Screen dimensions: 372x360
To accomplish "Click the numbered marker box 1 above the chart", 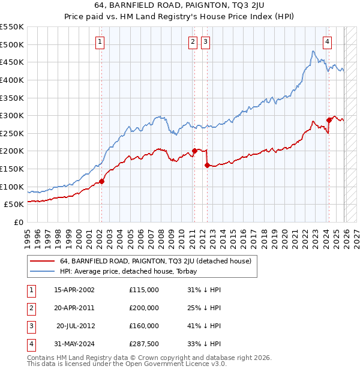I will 100,42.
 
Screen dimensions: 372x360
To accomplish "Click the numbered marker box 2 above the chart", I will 193,42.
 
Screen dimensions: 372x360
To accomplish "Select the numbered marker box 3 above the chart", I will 205,42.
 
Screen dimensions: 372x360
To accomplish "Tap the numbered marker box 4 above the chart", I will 327,42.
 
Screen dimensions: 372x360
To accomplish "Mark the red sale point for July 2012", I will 206,165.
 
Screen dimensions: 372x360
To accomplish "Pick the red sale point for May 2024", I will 328,120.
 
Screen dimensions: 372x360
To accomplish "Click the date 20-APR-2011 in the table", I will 74,308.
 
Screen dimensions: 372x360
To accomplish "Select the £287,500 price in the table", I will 143,344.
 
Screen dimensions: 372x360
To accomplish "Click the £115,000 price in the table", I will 143,290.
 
